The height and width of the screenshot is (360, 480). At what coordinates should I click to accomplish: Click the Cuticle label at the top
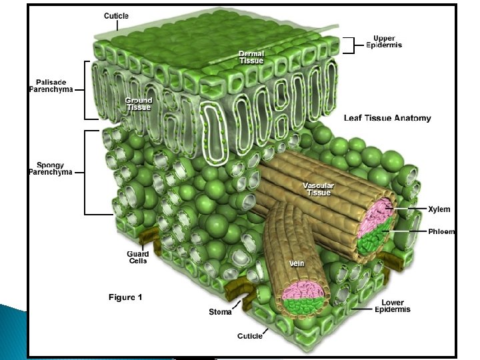click(117, 15)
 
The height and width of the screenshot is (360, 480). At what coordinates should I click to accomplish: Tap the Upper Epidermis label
click(385, 41)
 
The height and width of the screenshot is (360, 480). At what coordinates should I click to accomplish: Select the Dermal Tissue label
click(251, 57)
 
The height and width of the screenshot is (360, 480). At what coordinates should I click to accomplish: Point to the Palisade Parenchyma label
click(51, 85)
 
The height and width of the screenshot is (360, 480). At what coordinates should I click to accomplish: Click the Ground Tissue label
click(138, 104)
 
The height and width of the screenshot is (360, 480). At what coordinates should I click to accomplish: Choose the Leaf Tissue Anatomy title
click(387, 118)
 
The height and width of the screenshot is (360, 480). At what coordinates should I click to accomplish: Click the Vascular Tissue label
click(318, 189)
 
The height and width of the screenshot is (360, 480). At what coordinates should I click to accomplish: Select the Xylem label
click(439, 209)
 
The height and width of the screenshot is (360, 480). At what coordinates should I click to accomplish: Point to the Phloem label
click(441, 231)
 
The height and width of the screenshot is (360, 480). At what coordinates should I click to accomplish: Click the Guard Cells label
click(137, 257)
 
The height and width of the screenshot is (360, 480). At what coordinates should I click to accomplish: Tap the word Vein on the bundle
click(296, 263)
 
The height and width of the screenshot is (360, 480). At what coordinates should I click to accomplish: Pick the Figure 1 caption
click(125, 297)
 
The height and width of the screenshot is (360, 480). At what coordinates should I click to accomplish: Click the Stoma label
click(220, 311)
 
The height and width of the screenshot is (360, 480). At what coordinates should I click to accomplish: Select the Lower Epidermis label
click(392, 306)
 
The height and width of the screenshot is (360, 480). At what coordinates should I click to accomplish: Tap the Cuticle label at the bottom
click(250, 335)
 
